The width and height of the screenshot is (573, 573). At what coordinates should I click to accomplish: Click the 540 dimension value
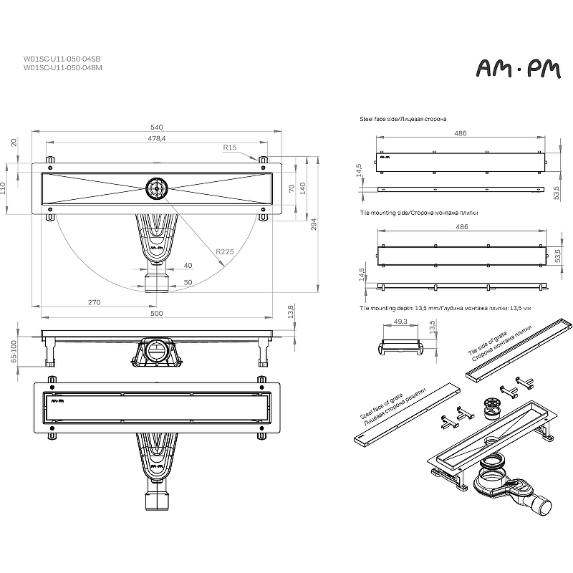[x=156, y=127]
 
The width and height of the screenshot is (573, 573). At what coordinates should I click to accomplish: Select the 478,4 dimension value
[x=156, y=138]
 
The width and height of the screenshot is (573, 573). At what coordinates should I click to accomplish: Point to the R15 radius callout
[x=230, y=148]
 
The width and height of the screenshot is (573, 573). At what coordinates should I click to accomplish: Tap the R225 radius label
[x=224, y=251]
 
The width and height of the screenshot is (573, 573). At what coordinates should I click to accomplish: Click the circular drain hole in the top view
[x=157, y=188]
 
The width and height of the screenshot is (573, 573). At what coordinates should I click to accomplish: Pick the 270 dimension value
[x=94, y=302]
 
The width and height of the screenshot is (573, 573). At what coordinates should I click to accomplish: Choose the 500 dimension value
[x=156, y=313]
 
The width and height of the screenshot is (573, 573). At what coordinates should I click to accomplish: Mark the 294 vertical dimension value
[x=314, y=224]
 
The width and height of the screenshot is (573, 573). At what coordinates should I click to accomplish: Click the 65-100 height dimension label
[x=14, y=352]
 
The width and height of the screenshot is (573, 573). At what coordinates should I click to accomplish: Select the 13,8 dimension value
[x=291, y=312]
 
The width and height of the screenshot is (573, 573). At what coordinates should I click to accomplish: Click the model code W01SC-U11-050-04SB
[x=62, y=59]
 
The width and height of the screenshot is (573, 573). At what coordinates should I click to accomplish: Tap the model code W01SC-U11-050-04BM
[x=63, y=67]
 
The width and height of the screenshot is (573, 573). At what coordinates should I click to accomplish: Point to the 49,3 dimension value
[x=400, y=321]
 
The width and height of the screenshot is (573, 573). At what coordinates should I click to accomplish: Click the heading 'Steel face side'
[x=377, y=119]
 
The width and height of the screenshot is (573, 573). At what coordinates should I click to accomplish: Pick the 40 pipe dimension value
[x=188, y=265]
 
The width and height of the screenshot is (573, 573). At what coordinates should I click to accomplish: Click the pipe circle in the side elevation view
[x=157, y=350]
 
